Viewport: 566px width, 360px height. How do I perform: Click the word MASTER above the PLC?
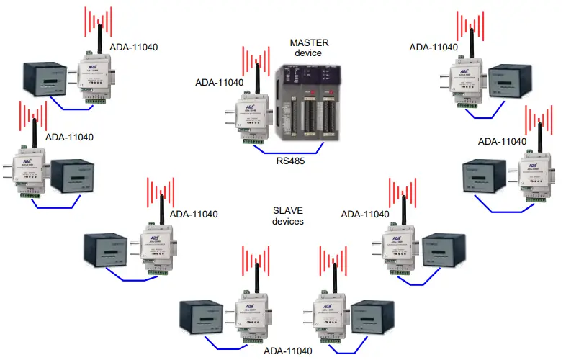309,42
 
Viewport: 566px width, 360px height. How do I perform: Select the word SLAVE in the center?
287,209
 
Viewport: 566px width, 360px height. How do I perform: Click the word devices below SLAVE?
287,221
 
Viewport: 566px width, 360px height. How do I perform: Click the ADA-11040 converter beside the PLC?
249,115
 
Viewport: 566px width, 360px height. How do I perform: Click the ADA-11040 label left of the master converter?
220,82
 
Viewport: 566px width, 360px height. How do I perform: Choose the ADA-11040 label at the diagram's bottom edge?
288,351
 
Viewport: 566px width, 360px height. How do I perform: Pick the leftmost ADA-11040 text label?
70,136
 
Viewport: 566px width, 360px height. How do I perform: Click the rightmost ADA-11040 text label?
503,141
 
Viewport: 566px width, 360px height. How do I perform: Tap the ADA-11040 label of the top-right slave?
434,47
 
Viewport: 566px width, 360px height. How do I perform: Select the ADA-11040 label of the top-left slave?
134,48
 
